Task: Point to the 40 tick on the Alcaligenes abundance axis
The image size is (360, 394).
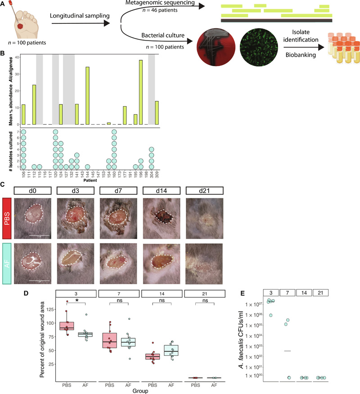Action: (17, 57)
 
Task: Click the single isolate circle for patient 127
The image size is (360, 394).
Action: (66, 167)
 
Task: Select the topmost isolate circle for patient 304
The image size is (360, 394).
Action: (152, 149)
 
